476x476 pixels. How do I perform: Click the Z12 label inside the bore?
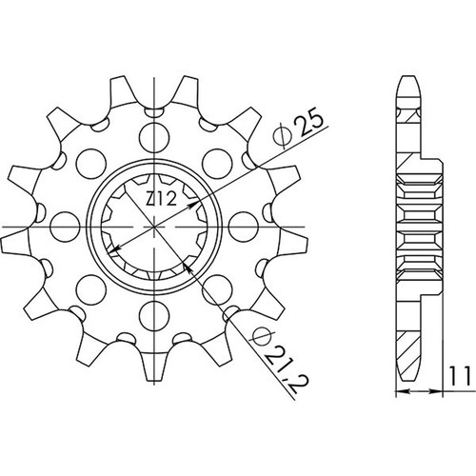tap(161, 200)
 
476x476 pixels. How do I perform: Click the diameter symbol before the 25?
tap(282, 138)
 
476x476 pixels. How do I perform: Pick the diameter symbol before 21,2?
tap(258, 339)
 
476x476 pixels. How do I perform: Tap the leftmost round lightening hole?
tap(65, 227)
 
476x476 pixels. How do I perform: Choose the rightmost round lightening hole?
tap(243, 227)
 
